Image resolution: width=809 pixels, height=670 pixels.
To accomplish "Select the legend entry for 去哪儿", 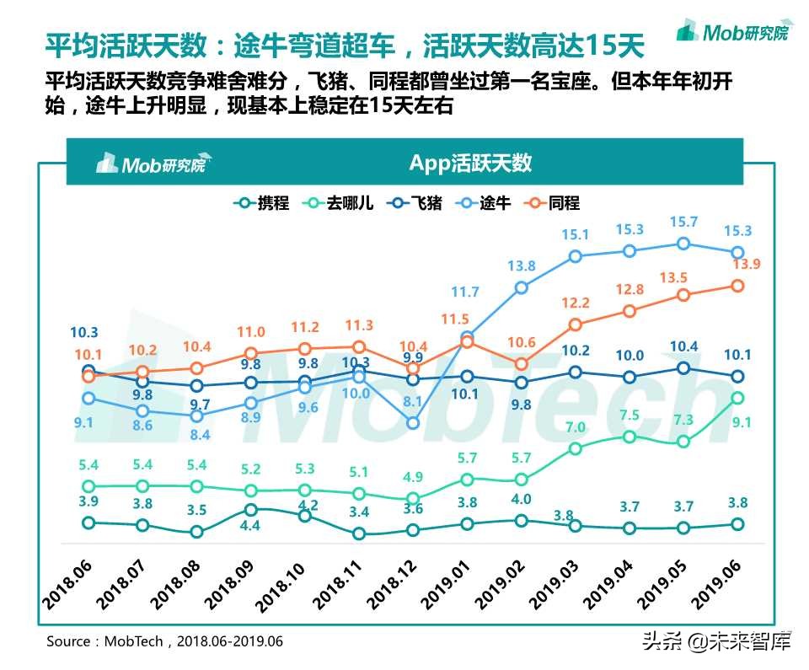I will click(x=337, y=203).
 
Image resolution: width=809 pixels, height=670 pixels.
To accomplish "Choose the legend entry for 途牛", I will click(x=484, y=203).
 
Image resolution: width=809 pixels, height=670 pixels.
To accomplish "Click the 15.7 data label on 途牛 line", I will click(x=683, y=222).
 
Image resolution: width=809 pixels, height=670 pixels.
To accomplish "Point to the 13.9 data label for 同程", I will click(x=737, y=265).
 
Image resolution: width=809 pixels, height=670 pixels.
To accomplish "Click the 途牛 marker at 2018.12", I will click(x=413, y=423).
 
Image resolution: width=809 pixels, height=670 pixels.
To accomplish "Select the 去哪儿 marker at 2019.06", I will click(x=737, y=398).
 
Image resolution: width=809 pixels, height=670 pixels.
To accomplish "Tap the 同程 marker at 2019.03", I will click(x=576, y=324).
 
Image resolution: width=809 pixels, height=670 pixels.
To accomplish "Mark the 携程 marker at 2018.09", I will click(x=250, y=510).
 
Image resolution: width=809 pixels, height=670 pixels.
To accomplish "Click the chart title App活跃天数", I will click(x=470, y=163).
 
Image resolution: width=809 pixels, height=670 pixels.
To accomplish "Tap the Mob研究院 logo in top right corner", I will click(x=734, y=33).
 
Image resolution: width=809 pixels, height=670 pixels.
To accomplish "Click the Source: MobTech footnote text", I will click(x=164, y=641).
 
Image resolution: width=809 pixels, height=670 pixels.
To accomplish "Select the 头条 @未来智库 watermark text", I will click(x=716, y=642).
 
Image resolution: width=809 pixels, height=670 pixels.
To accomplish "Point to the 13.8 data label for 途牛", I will click(x=522, y=266).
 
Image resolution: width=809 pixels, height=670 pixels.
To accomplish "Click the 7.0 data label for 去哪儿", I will click(x=576, y=427).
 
